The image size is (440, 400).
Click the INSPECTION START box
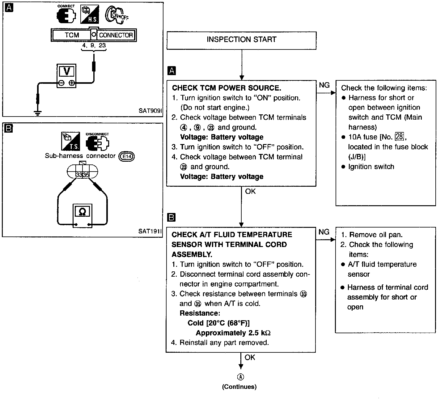pos(241,40)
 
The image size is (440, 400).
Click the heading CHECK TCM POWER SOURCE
pos(226,88)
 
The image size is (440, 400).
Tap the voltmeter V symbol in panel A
pos(66,72)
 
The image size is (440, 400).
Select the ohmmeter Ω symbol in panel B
pos(82,212)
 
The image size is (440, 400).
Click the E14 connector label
pos(127,156)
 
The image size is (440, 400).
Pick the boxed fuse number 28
pos(399,137)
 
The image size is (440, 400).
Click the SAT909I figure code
pos(150,111)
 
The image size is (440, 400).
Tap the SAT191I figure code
pos(150,231)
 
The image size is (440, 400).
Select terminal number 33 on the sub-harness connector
pos(79,175)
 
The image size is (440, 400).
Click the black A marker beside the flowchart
pos(171,71)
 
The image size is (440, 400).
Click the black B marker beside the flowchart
pos(171,218)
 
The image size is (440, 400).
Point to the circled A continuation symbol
pos(240,377)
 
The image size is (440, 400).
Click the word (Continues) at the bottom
pos(239,387)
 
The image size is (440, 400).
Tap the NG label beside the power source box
pos(324,85)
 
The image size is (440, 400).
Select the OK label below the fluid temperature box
pos(250,358)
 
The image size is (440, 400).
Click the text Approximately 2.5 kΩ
pos(233,333)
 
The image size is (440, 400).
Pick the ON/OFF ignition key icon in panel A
pos(117,15)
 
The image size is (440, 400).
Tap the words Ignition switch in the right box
pos(371,167)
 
